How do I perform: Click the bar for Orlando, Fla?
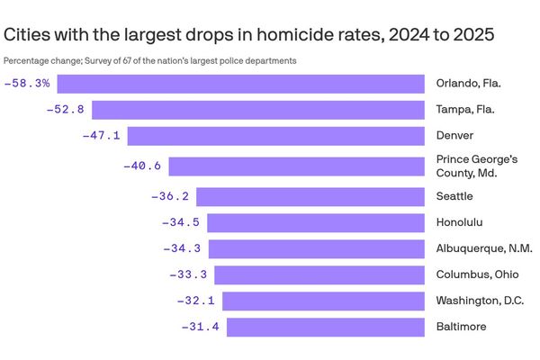pyautogui.click(x=241, y=84)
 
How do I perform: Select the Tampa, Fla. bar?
pyautogui.click(x=258, y=110)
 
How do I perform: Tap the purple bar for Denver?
pyautogui.click(x=275, y=136)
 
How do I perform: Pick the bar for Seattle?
pyautogui.click(x=310, y=196)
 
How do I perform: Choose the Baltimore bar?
pyautogui.click(x=325, y=327)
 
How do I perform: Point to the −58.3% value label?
pyautogui.click(x=27, y=84)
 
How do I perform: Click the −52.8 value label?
pyautogui.click(x=66, y=110)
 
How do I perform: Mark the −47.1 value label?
pyautogui.click(x=101, y=136)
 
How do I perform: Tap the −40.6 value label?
pyautogui.click(x=142, y=166)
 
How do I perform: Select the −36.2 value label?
pyautogui.click(x=170, y=196)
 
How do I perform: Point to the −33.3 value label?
pyautogui.click(x=188, y=274)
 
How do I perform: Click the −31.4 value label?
pyautogui.click(x=201, y=327)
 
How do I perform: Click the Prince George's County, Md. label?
pyautogui.click(x=477, y=166)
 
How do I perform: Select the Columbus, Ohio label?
pyautogui.click(x=473, y=274)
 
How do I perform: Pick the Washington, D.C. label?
pyautogui.click(x=480, y=301)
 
